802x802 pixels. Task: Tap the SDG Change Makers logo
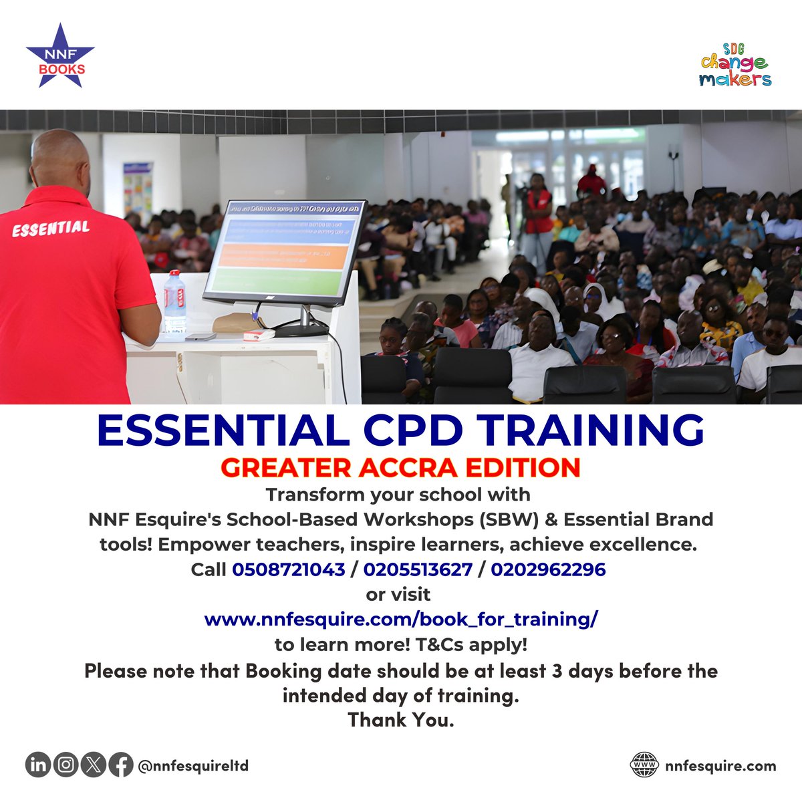pyautogui.click(x=735, y=65)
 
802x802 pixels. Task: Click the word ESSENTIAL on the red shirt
pyautogui.click(x=51, y=229)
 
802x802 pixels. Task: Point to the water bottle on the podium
pyautogui.click(x=174, y=303)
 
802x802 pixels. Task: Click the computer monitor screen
pyautogui.click(x=286, y=249)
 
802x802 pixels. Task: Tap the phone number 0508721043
pyautogui.click(x=289, y=569)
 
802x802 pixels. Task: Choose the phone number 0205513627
pyautogui.click(x=418, y=569)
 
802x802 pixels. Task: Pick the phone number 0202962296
pyautogui.click(x=548, y=569)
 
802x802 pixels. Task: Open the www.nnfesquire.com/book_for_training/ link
pyautogui.click(x=401, y=620)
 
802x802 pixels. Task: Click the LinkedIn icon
pyautogui.click(x=39, y=765)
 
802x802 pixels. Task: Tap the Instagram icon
pyautogui.click(x=66, y=765)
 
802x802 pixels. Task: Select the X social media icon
pyautogui.click(x=94, y=765)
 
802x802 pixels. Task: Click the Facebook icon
pyautogui.click(x=120, y=765)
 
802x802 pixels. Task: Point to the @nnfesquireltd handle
pyautogui.click(x=193, y=765)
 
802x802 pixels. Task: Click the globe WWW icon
pyautogui.click(x=644, y=765)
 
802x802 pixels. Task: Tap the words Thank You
pyautogui.click(x=400, y=720)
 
